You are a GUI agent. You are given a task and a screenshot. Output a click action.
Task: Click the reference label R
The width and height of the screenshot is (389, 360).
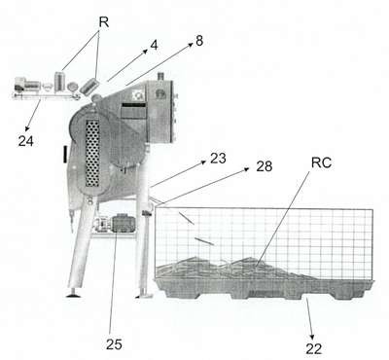(104, 22)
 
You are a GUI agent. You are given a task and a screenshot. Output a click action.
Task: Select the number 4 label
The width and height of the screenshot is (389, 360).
(154, 46)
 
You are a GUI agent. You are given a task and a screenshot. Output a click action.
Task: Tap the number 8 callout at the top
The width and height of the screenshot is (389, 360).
(199, 41)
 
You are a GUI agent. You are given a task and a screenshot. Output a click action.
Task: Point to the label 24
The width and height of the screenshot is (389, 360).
(26, 141)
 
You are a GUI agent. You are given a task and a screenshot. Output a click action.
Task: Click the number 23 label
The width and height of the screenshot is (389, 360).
(218, 159)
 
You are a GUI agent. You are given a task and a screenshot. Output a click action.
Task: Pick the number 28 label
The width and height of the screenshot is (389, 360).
(265, 166)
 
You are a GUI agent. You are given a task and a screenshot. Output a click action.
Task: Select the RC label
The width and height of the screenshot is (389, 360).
(321, 162)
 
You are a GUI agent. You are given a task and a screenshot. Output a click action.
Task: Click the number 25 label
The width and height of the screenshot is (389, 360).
(114, 344)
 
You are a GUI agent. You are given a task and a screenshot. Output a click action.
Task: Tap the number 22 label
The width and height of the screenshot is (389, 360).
(314, 348)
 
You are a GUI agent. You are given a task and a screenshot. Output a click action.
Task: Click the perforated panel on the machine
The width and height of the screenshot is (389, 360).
(92, 154)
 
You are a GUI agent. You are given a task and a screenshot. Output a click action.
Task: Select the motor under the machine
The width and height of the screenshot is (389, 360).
(123, 223)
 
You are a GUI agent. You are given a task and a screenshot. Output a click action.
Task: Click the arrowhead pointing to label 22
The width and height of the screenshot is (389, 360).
(312, 337)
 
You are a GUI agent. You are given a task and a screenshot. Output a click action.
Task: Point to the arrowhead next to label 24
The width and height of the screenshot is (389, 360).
(27, 128)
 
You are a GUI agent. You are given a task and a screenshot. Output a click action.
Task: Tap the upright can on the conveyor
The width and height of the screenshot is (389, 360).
(59, 82)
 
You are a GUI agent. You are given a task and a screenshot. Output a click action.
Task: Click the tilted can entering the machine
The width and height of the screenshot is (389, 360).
(88, 86)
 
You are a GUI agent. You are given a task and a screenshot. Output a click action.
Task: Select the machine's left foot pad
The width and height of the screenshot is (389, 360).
(74, 294)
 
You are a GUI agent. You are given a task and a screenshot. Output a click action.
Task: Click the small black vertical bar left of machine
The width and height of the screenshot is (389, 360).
(65, 154)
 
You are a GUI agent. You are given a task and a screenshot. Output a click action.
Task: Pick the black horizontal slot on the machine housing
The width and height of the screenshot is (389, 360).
(133, 105)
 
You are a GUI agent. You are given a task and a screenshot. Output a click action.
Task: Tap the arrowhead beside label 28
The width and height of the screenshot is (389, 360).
(246, 169)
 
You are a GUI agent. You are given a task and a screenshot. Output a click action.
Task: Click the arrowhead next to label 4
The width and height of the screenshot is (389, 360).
(145, 52)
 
